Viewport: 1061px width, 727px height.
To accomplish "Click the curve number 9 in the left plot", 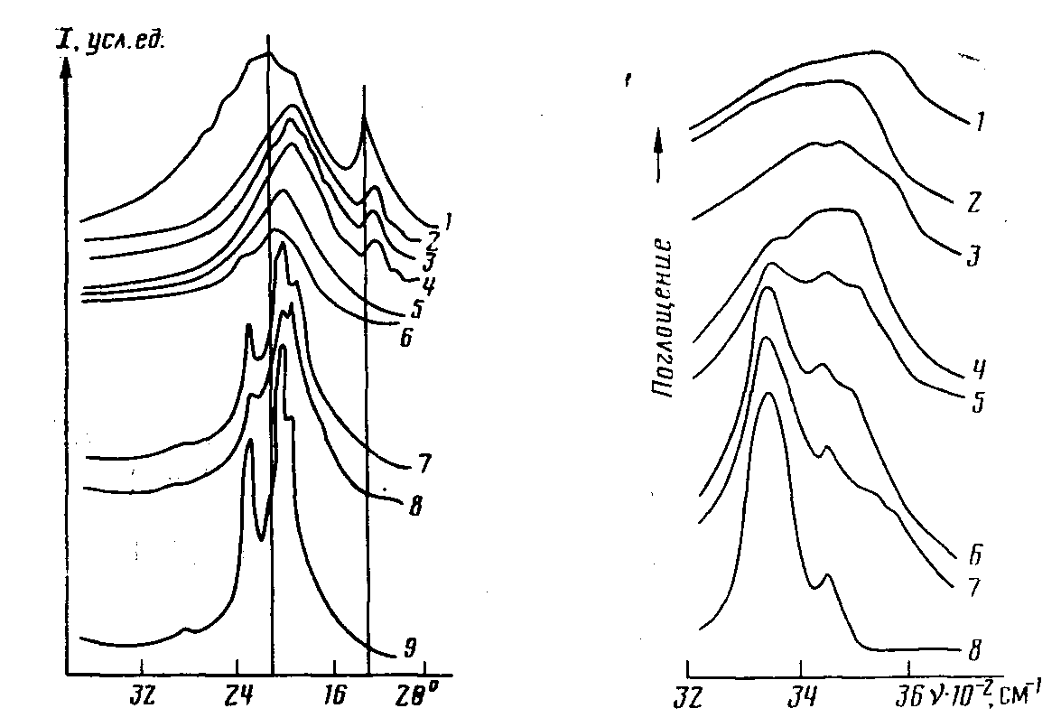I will (x=409, y=649).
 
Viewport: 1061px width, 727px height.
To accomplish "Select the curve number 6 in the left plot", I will (x=405, y=337).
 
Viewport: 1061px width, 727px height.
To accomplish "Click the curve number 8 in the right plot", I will (x=975, y=649).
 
